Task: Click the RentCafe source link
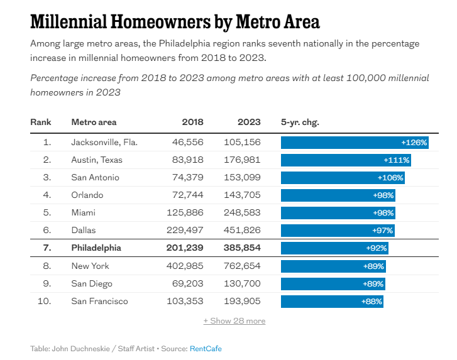pos(206,349)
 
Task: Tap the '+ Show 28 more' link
pos(234,320)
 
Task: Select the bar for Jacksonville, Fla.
pos(355,143)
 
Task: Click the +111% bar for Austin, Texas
pos(346,160)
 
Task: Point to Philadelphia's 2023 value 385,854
pos(242,248)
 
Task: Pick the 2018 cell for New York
pos(185,266)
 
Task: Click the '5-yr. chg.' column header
pos(300,122)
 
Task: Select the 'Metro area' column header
pos(94,122)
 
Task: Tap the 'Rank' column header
pos(40,122)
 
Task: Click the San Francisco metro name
pos(100,301)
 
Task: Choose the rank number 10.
pos(44,301)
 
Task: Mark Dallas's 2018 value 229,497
pos(185,230)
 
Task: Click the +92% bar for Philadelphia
pos(334,248)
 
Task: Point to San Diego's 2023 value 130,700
pos(242,284)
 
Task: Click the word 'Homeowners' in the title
pos(160,22)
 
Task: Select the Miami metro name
pos(84,212)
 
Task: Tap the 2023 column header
pos(249,122)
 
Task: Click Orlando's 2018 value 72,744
pos(188,195)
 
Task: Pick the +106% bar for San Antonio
pos(343,178)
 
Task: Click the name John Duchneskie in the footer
pos(81,349)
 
